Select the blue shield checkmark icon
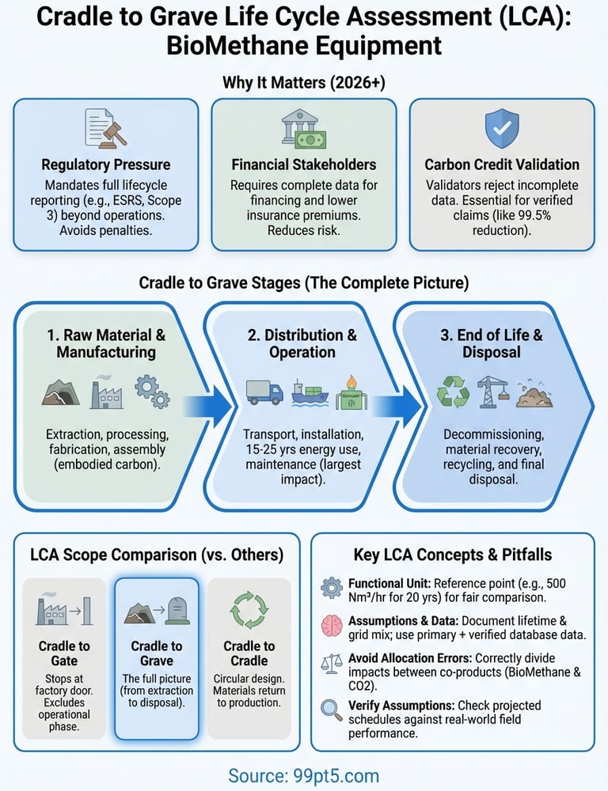501,128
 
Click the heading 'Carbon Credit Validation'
502,165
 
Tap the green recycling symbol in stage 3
453,392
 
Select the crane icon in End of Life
492,391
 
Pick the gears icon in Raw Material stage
151,391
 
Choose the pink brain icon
331,624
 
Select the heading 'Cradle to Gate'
64,653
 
